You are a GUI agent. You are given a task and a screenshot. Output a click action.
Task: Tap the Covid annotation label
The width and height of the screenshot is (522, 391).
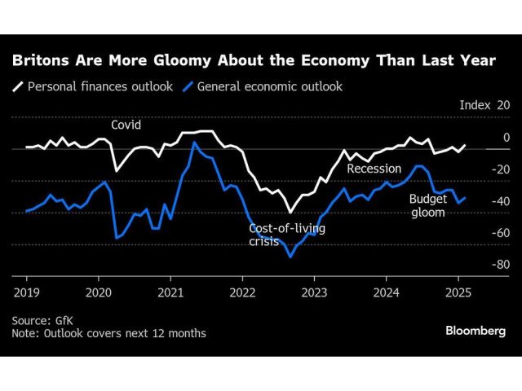click(126, 125)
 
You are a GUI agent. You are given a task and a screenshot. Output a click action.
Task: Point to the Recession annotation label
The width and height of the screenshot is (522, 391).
click(374, 169)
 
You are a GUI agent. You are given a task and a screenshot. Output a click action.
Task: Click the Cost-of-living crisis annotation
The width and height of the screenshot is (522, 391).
click(286, 235)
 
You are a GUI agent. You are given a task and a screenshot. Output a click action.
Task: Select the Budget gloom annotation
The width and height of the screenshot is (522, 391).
click(427, 204)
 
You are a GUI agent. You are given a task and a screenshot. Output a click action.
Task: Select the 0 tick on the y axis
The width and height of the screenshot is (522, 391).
click(506, 138)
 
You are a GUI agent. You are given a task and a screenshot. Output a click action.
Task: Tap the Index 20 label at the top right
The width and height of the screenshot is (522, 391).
click(484, 106)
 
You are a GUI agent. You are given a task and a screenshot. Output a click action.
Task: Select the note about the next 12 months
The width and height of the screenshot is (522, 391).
click(108, 333)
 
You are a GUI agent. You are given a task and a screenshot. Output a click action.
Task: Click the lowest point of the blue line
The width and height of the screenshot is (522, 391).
click(290, 256)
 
